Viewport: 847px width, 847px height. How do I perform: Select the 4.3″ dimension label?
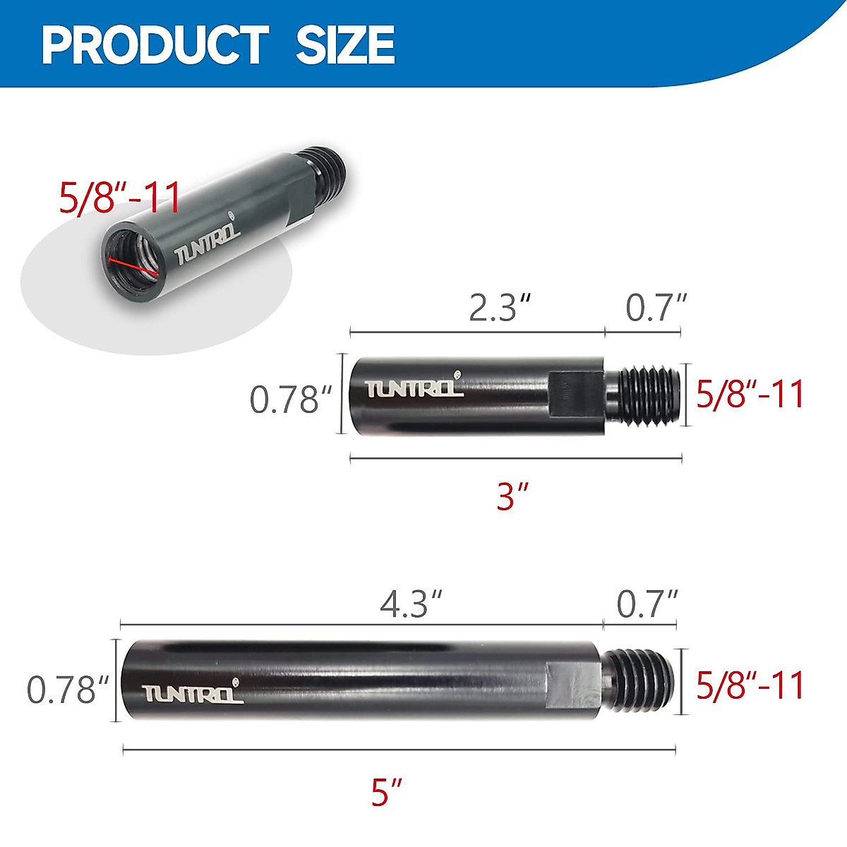tap(412, 604)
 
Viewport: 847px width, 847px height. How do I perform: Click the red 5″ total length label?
tap(387, 792)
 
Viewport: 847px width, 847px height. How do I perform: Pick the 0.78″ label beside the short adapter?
tap(290, 400)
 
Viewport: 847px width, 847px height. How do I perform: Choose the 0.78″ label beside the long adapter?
tap(68, 689)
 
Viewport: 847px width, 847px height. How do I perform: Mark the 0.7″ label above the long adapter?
tap(647, 604)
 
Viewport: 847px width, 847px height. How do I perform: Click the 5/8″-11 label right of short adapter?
tap(750, 394)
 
